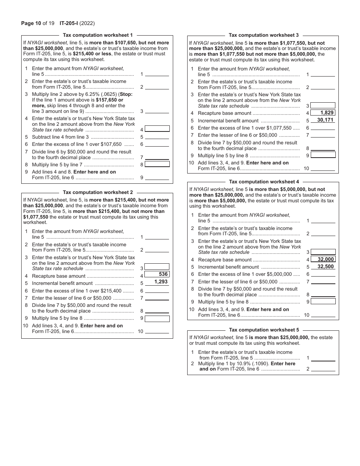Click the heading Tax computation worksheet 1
(98, 35)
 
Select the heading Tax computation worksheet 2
(98, 192)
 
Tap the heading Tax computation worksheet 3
(264, 35)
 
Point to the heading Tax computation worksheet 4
(264, 182)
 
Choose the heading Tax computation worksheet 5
(264, 330)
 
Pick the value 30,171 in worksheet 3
(325, 120)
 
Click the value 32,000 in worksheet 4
(326, 260)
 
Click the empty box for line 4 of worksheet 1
(157, 129)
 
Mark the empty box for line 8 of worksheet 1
(157, 164)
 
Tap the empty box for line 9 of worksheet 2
(157, 319)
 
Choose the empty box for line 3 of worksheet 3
(323, 105)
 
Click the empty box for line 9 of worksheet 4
(323, 302)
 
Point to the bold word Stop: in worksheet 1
(126, 94)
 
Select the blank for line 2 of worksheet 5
(323, 369)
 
